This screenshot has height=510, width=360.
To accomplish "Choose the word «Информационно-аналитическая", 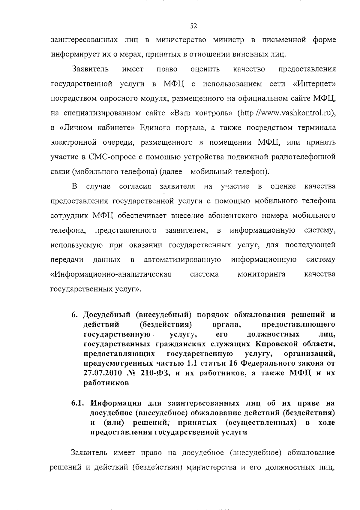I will pos(111,274).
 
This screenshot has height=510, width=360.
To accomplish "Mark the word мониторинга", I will pos(261,274).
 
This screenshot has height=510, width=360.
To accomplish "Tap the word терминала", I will pos(316,128).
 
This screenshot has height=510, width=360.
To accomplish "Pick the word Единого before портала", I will pos(155,128).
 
